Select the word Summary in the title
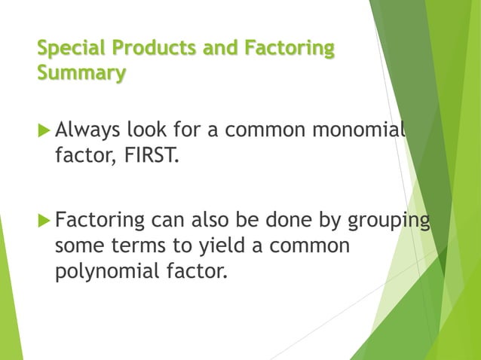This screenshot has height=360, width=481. (81, 73)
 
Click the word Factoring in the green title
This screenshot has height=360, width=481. (289, 48)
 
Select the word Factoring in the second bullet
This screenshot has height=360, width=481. (100, 222)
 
